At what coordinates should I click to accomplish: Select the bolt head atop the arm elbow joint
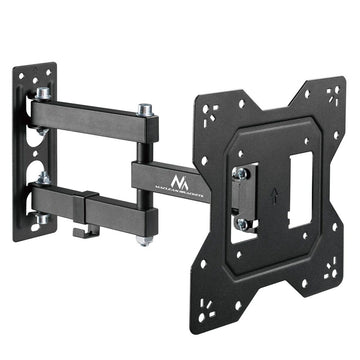click(x=146, y=108)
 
